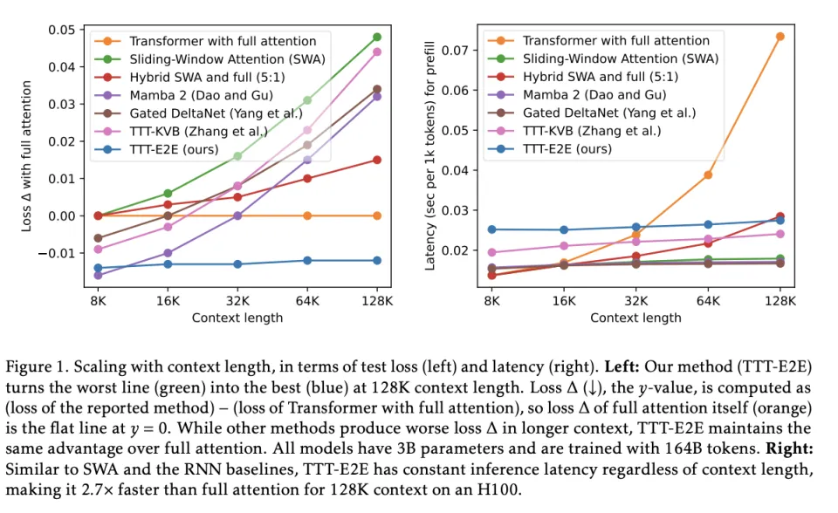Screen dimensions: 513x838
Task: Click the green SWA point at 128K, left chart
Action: [x=377, y=37]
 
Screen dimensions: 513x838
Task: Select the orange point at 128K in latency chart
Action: [x=780, y=37]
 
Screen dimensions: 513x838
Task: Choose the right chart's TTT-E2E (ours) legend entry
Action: [x=579, y=149]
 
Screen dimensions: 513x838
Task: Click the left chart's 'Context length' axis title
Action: [x=237, y=318]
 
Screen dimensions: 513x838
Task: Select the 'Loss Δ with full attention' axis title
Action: [x=27, y=157]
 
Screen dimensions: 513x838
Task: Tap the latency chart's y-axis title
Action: [x=430, y=157]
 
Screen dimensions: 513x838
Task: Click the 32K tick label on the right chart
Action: [x=637, y=301]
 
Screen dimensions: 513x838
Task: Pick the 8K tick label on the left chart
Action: [x=99, y=301]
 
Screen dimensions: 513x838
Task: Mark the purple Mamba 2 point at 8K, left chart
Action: [x=99, y=276]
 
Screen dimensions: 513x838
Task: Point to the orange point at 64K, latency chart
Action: [x=708, y=174]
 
